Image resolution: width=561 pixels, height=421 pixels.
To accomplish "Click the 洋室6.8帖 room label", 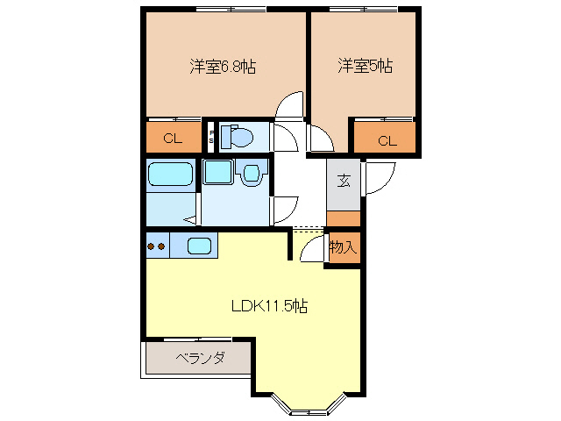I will coord(223,66).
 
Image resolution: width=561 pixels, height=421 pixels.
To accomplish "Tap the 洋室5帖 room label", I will coord(366,66).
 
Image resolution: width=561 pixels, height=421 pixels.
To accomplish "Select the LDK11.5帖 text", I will coord(269,306).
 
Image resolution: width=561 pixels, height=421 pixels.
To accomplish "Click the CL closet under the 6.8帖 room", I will coord(173,137).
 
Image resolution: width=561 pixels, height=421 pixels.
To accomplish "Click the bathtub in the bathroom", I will coord(170,175).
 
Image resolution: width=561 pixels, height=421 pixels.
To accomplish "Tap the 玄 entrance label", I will coord(344,182).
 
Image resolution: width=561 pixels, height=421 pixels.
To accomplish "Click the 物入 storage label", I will coord(343,247).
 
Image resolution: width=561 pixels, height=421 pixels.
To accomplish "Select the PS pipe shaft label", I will coord(211,136).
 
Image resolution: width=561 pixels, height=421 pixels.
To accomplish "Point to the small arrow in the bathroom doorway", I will coord(189,219).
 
